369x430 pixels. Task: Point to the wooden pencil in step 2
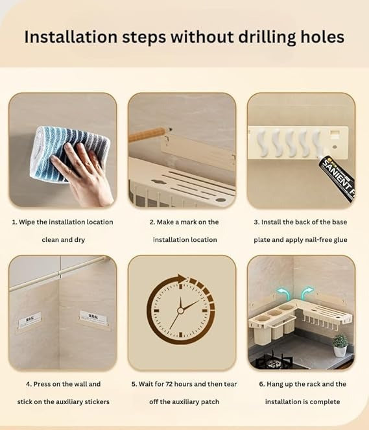click(x=149, y=134)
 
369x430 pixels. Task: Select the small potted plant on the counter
click(x=340, y=345)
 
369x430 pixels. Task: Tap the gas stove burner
click(x=274, y=361)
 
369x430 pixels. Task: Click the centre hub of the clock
click(x=180, y=311)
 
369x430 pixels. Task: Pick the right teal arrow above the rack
click(x=307, y=293)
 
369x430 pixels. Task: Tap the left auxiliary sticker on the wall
click(x=30, y=320)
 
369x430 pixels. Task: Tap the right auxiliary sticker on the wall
click(x=93, y=318)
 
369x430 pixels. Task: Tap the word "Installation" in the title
click(x=71, y=37)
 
